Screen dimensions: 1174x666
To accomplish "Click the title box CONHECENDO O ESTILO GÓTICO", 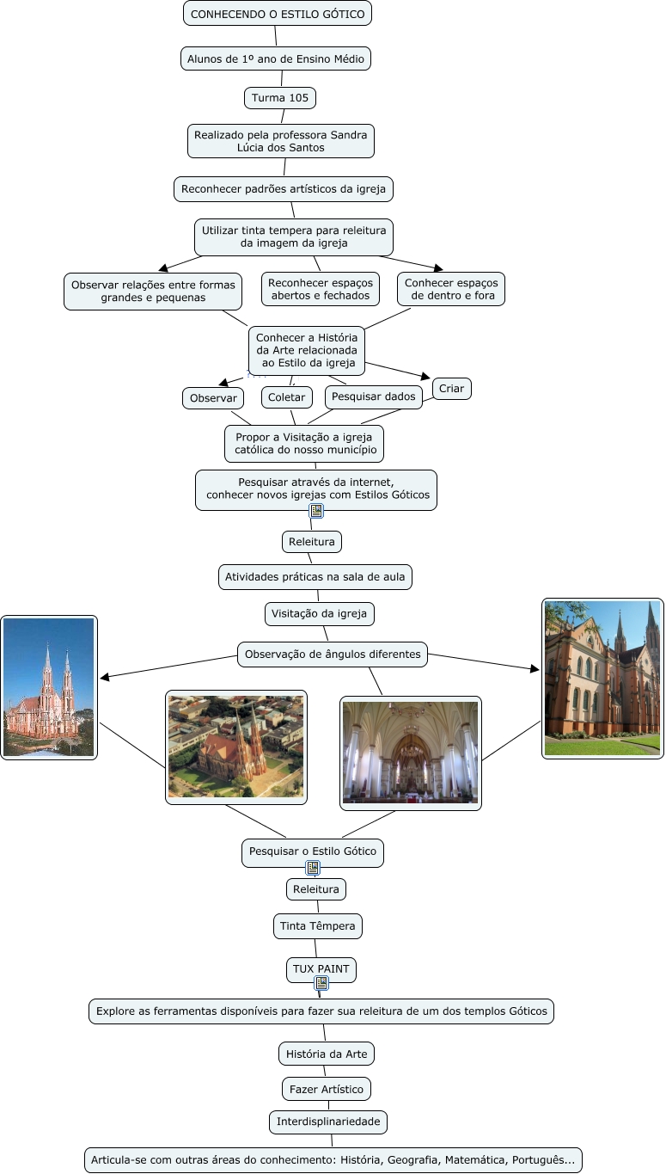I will coord(278,14).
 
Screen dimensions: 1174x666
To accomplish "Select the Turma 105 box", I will coord(280,98).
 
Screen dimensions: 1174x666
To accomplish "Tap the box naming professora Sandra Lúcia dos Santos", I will coord(281,141).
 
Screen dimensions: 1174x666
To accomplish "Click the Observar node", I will coord(213,398).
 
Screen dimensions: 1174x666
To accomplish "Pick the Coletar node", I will coord(287,397).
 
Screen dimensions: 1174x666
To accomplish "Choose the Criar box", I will coord(451,389).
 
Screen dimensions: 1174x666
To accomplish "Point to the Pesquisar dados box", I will coord(374,396).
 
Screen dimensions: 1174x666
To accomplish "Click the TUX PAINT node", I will coord(321,968).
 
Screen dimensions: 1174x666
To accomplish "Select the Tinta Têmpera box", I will coord(317,926).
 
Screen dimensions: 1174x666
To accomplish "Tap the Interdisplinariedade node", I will coord(328,1122).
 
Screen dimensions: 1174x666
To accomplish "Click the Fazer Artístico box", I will coord(327,1089).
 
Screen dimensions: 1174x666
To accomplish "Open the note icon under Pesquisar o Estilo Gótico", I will coord(314,868).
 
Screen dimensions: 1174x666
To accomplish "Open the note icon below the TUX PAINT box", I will coord(321,983).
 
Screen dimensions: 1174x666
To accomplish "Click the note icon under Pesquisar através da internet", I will coord(316,511).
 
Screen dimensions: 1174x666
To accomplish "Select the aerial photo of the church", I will coord(236,747).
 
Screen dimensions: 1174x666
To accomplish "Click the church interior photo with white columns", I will coord(410,753).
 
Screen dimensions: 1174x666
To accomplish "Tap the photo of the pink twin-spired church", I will coord(49,687).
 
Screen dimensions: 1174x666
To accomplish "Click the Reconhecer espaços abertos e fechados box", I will coord(321,289).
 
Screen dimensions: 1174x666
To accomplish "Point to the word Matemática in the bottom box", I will coord(476,1159).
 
